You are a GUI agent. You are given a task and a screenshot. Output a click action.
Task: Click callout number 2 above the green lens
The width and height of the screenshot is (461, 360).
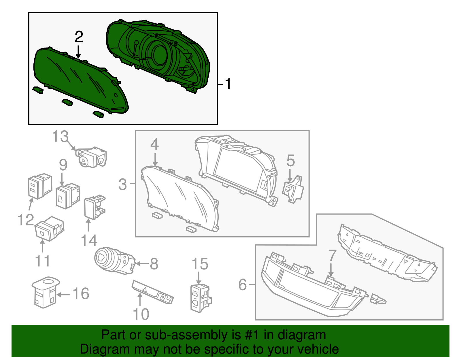click(x=79, y=37)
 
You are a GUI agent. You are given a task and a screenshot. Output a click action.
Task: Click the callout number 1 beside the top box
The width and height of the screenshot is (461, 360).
click(x=228, y=84)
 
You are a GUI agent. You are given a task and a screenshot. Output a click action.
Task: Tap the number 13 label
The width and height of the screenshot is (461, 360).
click(x=61, y=137)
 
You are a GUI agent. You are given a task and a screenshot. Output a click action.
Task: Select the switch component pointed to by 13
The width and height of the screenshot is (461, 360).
click(x=92, y=157)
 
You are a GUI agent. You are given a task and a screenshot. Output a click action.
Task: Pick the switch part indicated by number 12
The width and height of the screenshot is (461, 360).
click(x=39, y=186)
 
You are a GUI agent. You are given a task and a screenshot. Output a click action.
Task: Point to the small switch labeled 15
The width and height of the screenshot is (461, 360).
click(x=200, y=298)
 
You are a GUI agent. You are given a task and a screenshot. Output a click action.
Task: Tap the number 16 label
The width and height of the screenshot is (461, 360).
click(x=81, y=294)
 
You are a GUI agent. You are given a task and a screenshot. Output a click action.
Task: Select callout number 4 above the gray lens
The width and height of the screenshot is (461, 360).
click(x=154, y=144)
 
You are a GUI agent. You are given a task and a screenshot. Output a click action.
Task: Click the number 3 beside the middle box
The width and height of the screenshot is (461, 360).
click(x=122, y=184)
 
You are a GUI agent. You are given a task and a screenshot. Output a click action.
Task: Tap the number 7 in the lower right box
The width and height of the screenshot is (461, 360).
click(x=332, y=255)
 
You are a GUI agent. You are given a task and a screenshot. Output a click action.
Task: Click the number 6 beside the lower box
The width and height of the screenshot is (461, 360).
click(x=243, y=285)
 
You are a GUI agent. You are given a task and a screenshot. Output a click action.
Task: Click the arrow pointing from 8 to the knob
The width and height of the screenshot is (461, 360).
click(x=142, y=263)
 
